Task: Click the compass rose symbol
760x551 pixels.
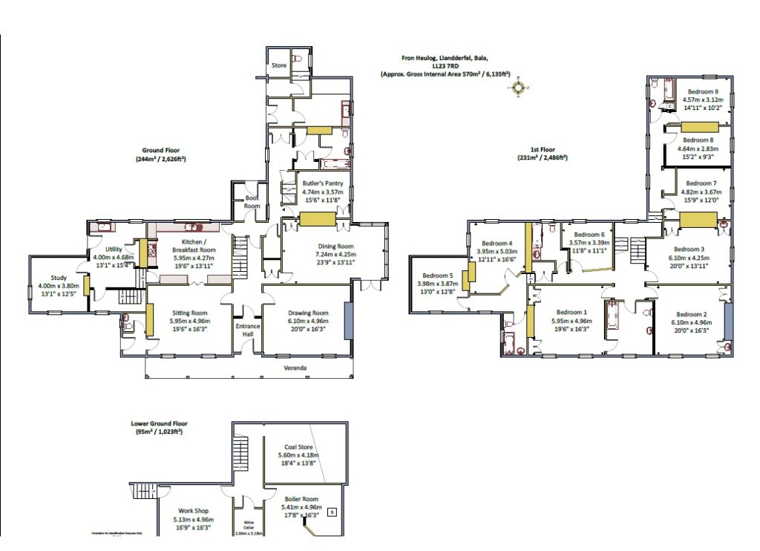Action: click(518, 88)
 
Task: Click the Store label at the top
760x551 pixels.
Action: click(278, 65)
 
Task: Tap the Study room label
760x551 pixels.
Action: click(59, 278)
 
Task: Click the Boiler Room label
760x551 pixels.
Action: click(301, 499)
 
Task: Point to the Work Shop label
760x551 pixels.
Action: click(191, 511)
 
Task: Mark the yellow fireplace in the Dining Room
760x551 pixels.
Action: click(318, 219)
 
